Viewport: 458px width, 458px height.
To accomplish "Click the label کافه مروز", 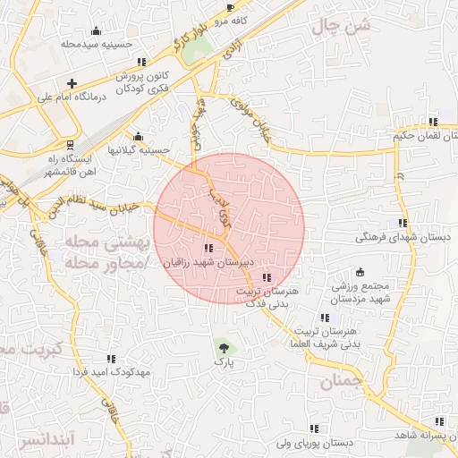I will pyautogui.click(x=255, y=19).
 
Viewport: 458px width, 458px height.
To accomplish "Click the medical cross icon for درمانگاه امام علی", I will pyautogui.click(x=72, y=83).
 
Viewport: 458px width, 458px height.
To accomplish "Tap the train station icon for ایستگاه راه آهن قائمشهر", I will pyautogui.click(x=71, y=143).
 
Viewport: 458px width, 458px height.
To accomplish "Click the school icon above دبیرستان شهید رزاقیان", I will pyautogui.click(x=208, y=248).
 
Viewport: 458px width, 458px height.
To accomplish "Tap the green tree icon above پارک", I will pyautogui.click(x=223, y=347).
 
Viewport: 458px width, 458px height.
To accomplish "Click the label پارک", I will pyautogui.click(x=223, y=364).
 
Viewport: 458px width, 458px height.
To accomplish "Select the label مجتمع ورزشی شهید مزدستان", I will pyautogui.click(x=359, y=292).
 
